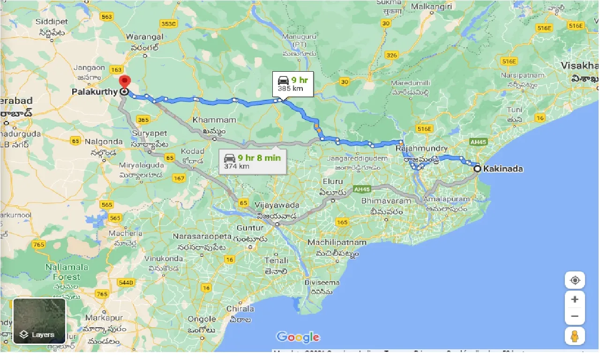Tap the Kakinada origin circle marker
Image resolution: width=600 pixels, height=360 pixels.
477,169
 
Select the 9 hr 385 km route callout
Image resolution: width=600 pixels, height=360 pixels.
293,84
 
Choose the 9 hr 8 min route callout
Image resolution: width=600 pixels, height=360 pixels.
253,161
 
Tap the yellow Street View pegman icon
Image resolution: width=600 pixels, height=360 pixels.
575,336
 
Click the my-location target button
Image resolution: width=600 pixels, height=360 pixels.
575,281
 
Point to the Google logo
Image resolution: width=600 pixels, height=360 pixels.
298,337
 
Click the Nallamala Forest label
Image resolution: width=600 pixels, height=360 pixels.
67,272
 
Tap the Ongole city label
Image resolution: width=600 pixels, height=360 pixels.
202,319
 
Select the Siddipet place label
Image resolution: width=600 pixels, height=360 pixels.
52,22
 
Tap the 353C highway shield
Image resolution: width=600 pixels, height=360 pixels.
168,24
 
